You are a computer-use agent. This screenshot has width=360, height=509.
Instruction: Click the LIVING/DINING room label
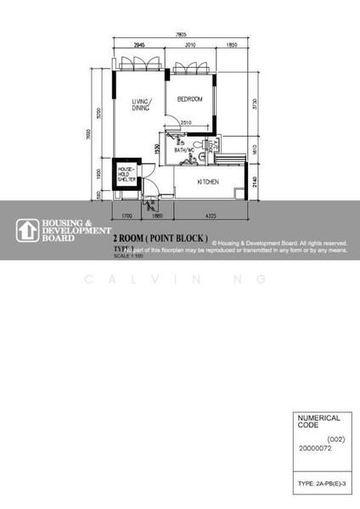click(141, 105)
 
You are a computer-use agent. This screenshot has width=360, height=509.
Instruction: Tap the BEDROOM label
click(190, 99)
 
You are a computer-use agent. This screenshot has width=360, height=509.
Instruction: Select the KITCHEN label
click(209, 182)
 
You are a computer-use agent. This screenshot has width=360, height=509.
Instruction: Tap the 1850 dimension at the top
click(232, 44)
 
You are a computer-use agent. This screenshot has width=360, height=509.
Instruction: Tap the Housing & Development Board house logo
click(25, 230)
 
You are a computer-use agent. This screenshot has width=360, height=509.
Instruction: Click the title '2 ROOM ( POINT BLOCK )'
click(160, 238)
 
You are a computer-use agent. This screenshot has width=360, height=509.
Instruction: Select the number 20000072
click(316, 450)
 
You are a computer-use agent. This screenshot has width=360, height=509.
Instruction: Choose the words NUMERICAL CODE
click(317, 422)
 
